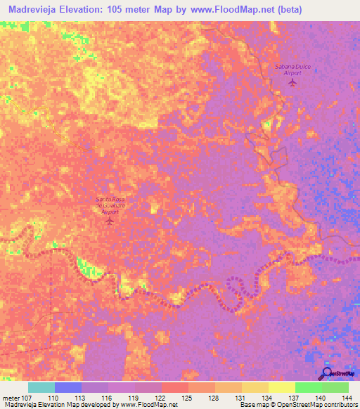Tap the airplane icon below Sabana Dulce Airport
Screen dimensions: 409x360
coord(293,83)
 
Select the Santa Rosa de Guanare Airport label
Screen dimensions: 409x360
coord(109,205)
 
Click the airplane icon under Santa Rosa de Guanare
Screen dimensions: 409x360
coord(109,221)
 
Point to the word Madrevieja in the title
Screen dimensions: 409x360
coord(30,9)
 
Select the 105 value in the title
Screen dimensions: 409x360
coord(113,9)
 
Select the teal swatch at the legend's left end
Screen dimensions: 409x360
coord(41,387)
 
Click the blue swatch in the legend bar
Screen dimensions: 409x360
coord(68,387)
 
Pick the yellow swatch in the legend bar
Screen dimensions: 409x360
coord(281,387)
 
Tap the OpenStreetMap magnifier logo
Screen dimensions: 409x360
coord(326,373)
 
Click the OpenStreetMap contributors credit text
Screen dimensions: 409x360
coord(316,405)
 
